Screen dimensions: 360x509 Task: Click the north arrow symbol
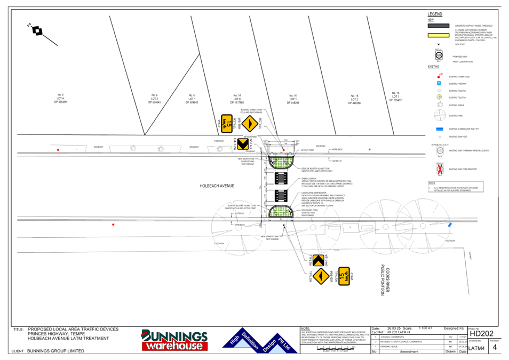coord(37,30)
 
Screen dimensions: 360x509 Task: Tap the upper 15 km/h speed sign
coord(227,124)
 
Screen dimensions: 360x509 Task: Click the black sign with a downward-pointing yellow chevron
coord(243,143)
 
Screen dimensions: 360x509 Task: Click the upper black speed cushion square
coord(281,178)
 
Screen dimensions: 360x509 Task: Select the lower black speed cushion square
coord(281,195)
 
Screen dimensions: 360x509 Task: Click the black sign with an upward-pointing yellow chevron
coord(318,260)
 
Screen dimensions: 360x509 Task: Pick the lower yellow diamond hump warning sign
coord(321,276)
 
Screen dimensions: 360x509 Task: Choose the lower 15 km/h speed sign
coord(344,276)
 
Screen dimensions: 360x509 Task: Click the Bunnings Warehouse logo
coord(174,340)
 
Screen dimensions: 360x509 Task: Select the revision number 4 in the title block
coord(495,347)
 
